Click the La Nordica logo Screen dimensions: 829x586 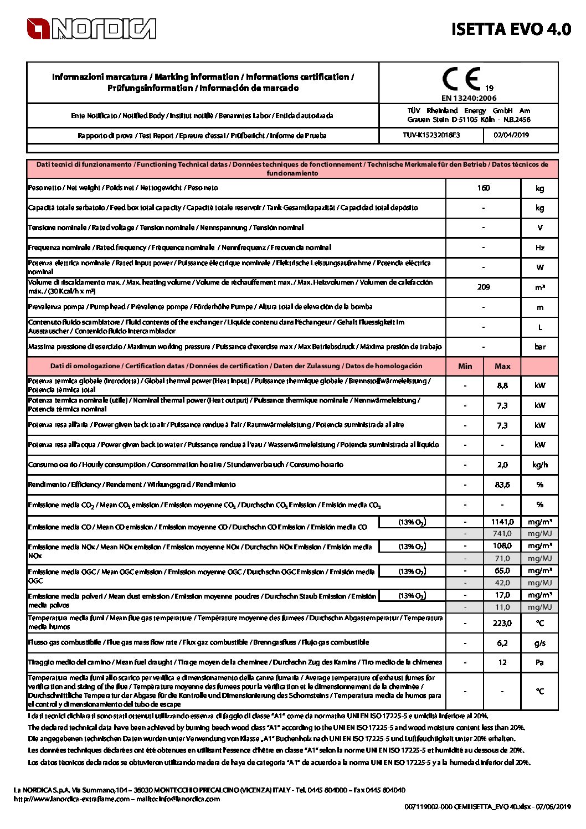91,29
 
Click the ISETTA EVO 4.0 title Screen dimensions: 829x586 511,29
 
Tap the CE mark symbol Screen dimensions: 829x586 461,80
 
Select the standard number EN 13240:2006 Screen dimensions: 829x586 469,98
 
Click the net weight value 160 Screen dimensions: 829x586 483,188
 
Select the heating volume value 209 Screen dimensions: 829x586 483,287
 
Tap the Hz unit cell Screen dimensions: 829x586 539,248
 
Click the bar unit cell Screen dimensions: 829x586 539,347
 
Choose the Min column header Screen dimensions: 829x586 465,366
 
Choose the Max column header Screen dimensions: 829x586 502,366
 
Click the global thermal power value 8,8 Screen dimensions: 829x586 502,385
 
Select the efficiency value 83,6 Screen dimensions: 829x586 502,485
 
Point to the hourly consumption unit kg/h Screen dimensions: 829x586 539,465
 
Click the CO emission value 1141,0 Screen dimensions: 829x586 502,522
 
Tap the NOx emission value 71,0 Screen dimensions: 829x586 502,558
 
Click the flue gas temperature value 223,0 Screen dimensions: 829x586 502,623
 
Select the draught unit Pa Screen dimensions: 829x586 539,662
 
